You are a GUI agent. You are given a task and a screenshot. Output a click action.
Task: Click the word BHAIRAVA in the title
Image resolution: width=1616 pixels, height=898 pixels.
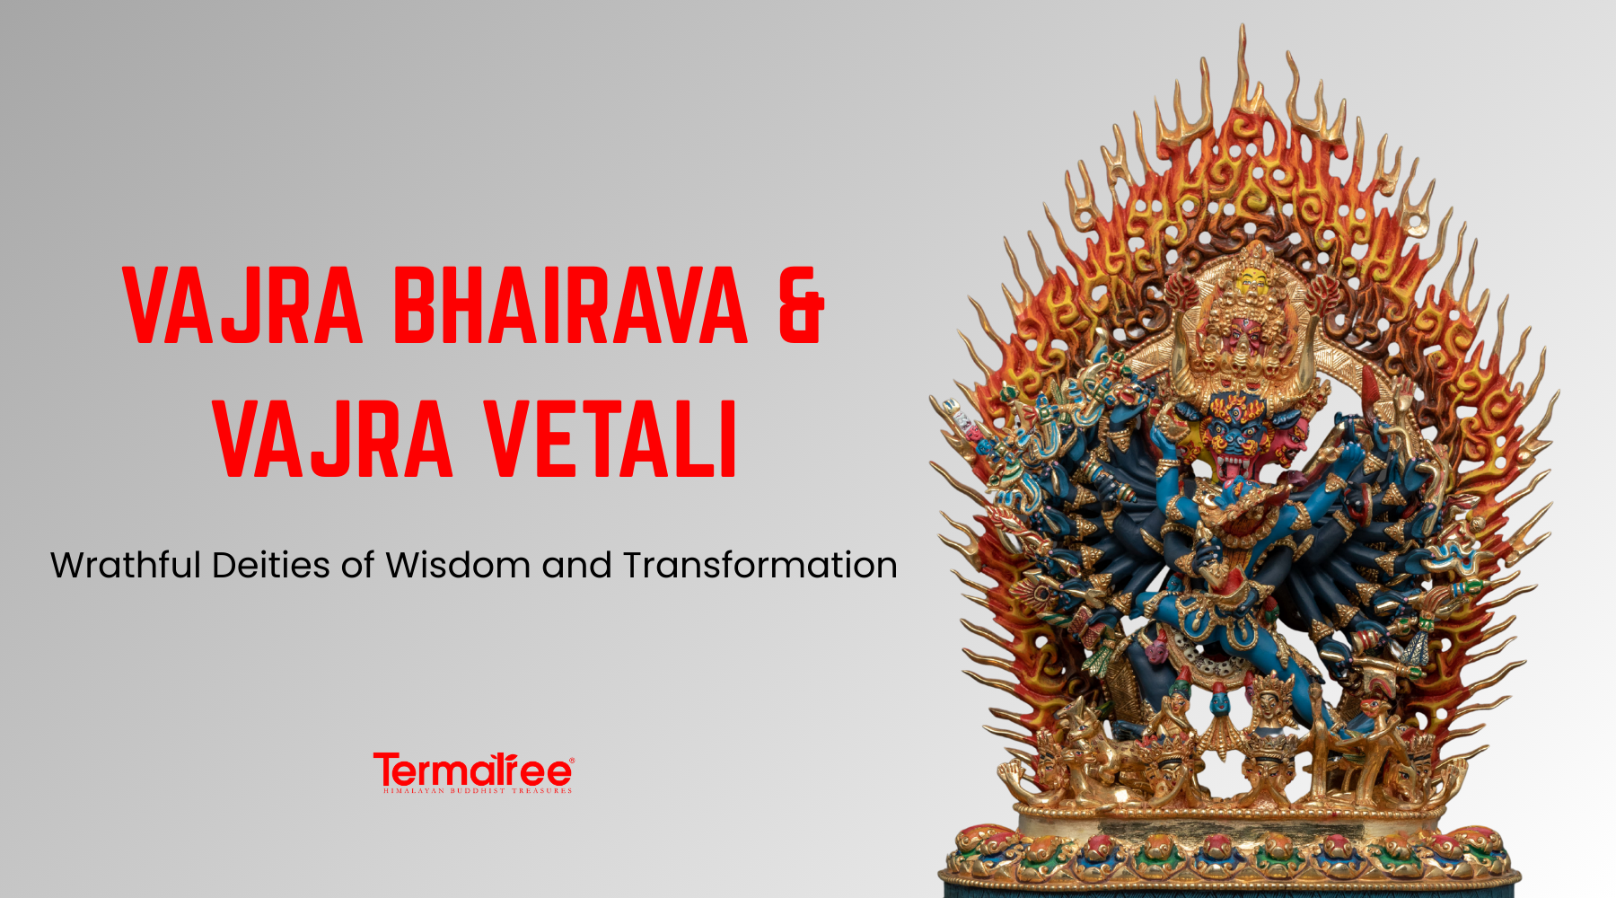coord(570,305)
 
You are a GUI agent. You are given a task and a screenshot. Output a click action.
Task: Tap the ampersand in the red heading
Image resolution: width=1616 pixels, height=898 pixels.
coord(800,305)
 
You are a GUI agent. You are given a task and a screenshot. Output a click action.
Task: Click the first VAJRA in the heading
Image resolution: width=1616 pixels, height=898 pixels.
coord(242,305)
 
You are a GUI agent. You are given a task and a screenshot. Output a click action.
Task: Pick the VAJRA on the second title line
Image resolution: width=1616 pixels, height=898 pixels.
coord(333,440)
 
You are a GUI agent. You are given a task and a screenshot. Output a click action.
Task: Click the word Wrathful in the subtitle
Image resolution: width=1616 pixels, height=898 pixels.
coord(126,566)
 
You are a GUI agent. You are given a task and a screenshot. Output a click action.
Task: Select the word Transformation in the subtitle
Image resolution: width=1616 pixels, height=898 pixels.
coord(760,566)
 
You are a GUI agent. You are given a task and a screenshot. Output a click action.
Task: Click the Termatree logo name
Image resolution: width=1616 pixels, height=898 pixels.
coord(472,771)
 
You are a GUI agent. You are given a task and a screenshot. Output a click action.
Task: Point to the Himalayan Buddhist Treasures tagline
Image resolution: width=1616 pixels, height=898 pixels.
coord(477,791)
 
